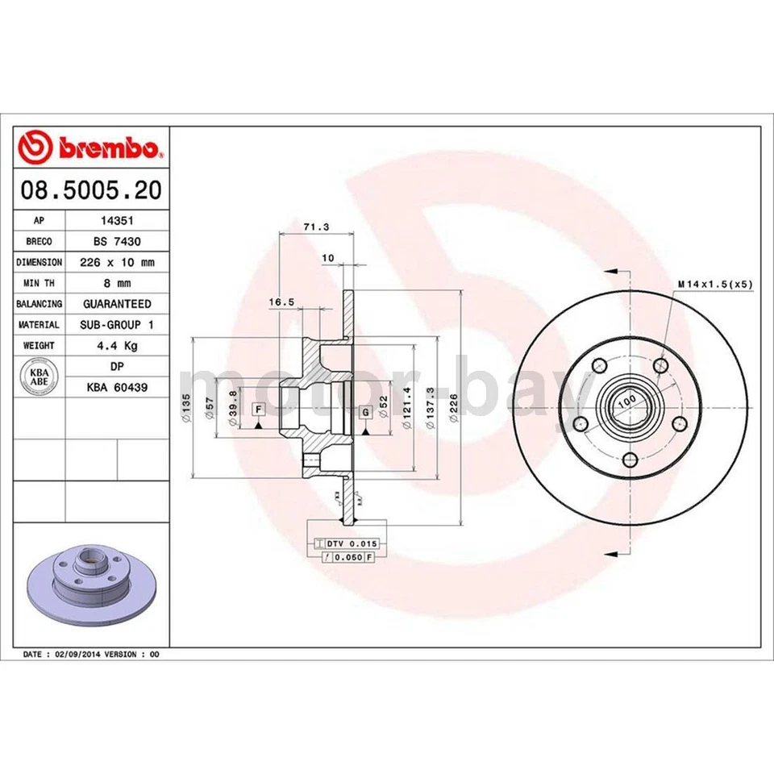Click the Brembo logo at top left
click(90, 148)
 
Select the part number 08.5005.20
click(90, 190)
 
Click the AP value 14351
click(118, 220)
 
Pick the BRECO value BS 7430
click(118, 241)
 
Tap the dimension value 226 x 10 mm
click(118, 262)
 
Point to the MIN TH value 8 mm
click(118, 283)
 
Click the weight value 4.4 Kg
click(118, 346)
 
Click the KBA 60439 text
click(118, 388)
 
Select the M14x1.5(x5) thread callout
click(714, 284)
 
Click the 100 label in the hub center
click(627, 399)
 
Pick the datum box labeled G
click(365, 413)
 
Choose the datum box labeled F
click(258, 409)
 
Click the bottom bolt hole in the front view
click(629, 460)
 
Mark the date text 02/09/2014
click(78, 654)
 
